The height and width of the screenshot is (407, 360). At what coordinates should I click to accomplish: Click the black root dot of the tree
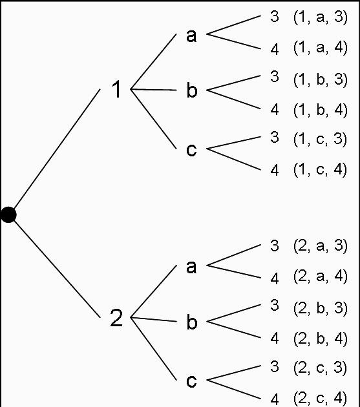(x=8, y=214)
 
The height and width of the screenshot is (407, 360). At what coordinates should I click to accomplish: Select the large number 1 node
(x=116, y=90)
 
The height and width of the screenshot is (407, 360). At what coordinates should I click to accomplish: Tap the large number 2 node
(x=116, y=318)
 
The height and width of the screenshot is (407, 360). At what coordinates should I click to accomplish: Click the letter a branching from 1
(x=191, y=36)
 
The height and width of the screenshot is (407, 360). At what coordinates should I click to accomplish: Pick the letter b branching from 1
(x=191, y=90)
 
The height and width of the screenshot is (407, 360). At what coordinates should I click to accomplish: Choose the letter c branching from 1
(x=191, y=150)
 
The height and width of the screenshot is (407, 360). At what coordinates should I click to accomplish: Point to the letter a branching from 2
(x=191, y=267)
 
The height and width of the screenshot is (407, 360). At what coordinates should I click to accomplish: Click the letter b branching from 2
(x=191, y=322)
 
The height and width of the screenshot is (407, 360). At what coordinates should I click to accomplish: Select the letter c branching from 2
(x=191, y=381)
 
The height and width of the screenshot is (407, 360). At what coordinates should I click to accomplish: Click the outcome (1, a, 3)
(x=320, y=17)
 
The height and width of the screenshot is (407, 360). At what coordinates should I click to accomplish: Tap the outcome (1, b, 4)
(x=320, y=109)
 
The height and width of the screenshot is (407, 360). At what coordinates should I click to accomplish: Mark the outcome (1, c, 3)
(x=320, y=139)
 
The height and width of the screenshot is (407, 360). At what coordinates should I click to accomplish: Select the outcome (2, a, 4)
(x=320, y=277)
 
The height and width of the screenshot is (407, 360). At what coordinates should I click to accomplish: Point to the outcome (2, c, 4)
(x=320, y=398)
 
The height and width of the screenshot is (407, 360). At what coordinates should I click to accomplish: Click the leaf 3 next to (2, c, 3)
(x=275, y=367)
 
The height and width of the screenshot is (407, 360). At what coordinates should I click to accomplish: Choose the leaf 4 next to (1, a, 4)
(x=275, y=48)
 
